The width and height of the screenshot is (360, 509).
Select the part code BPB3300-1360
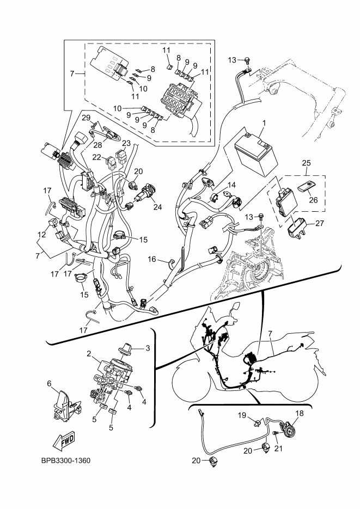(65, 461)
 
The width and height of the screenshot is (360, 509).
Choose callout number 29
(86, 118)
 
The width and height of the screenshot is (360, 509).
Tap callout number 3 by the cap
(146, 347)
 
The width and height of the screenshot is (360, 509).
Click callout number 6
(49, 384)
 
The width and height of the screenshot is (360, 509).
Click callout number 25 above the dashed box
(307, 163)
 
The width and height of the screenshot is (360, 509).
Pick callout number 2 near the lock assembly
(88, 353)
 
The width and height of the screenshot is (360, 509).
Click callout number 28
(97, 145)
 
